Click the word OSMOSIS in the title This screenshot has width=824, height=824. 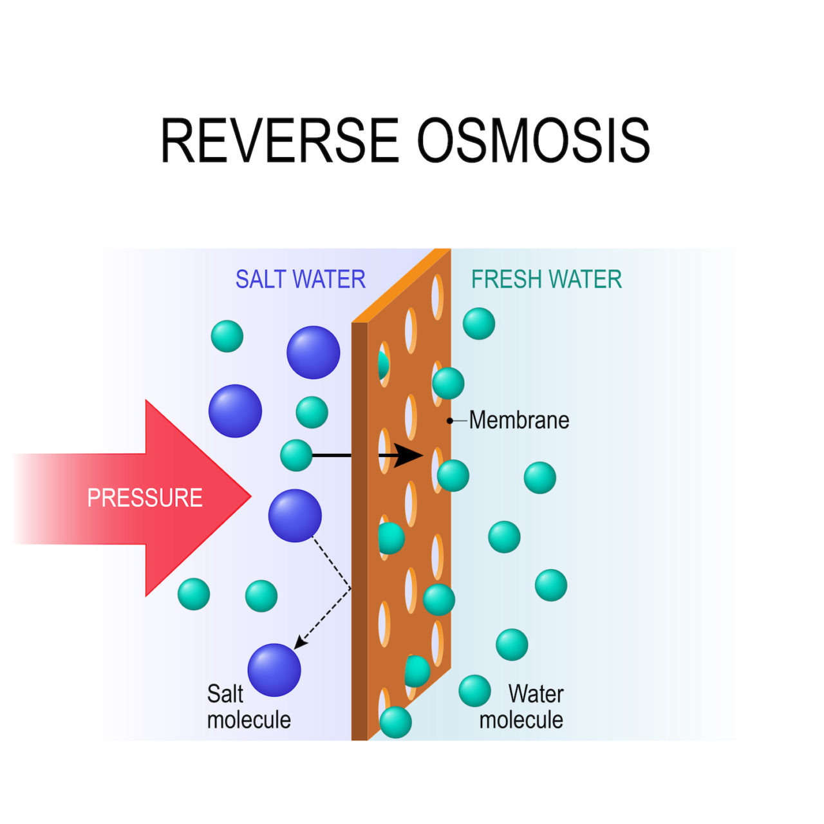point(534,140)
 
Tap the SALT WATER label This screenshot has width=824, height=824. point(300,279)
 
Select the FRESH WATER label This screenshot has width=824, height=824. point(547,279)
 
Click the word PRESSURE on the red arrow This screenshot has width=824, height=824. point(145,498)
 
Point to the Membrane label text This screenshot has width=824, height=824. point(519,420)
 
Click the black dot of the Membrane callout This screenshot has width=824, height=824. point(450,421)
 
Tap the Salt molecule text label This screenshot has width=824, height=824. point(248,707)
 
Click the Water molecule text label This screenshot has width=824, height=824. point(521,707)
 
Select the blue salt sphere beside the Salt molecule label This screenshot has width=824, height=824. point(274,669)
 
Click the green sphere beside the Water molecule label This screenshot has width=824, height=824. point(474,691)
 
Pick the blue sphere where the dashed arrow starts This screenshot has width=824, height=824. point(295,516)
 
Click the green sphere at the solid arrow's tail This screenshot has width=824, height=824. point(296,455)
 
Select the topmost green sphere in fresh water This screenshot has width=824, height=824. point(479,323)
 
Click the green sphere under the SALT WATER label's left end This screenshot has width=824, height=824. point(227,336)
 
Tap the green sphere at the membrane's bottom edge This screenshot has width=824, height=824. point(395,722)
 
